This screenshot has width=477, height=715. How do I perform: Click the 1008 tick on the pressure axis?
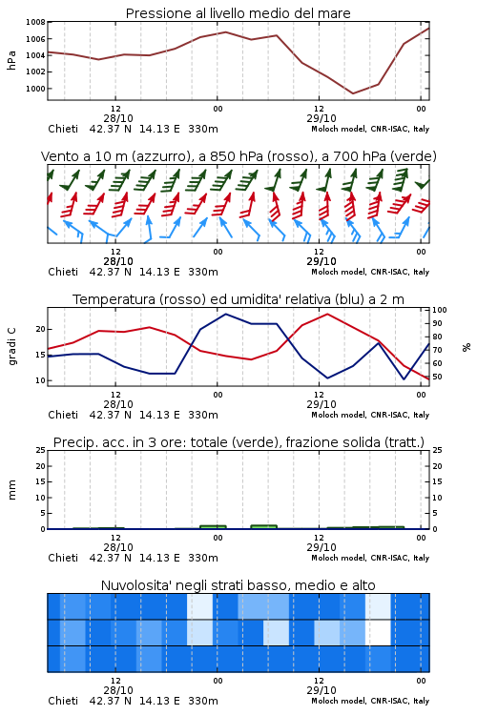tap(35, 22)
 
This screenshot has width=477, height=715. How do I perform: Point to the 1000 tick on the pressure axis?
tap(35, 89)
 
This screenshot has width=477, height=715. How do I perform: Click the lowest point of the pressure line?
tap(353, 93)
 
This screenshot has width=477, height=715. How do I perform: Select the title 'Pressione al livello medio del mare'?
tap(238, 13)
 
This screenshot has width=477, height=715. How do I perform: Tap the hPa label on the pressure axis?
tap(11, 60)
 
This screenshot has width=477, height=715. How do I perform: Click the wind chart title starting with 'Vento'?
tap(238, 156)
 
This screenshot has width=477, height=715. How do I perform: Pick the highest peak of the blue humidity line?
tap(225, 315)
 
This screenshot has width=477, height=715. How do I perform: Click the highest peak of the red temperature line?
tap(327, 314)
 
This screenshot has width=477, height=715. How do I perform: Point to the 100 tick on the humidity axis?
tap(440, 310)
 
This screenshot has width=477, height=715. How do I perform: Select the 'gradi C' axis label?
tap(12, 346)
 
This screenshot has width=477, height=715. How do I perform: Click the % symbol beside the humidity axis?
tap(467, 347)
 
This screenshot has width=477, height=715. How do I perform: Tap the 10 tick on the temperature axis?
tap(41, 380)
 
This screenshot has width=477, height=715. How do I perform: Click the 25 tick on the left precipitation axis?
tap(41, 450)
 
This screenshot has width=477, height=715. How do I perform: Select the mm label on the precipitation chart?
tap(12, 490)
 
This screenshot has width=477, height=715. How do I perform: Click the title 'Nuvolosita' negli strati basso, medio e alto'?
tap(238, 585)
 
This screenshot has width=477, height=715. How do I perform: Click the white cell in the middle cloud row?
tap(379, 632)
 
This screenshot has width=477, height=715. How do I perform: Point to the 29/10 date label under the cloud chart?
tap(321, 690)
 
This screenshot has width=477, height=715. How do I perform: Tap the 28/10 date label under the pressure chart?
tap(118, 118)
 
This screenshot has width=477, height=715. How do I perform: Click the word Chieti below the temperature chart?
tap(63, 415)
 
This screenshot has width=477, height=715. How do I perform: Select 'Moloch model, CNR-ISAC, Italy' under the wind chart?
tap(370, 272)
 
